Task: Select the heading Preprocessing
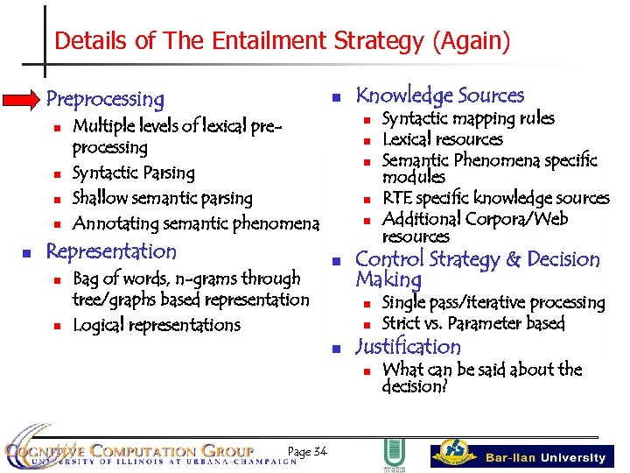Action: (105, 99)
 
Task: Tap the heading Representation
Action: (111, 251)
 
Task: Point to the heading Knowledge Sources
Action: (439, 95)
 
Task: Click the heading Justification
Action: (408, 347)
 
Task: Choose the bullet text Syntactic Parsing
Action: (133, 173)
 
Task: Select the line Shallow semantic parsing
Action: (162, 198)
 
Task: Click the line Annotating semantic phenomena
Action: (195, 223)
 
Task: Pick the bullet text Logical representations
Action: (156, 325)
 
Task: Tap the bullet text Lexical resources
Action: (442, 139)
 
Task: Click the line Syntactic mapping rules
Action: (468, 118)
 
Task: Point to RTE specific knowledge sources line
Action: (495, 198)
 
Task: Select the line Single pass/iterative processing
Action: (493, 302)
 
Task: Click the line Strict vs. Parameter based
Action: (473, 323)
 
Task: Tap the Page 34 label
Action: (306, 451)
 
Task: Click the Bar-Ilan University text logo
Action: (545, 457)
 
